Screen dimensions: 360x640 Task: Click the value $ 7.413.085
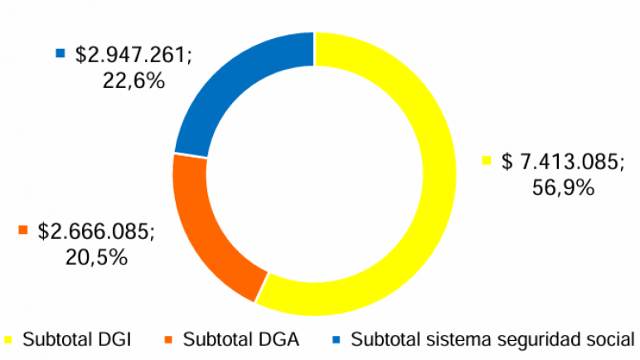[x=563, y=163]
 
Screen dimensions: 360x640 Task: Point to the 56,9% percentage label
[x=563, y=187]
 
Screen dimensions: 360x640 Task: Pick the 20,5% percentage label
[x=95, y=257]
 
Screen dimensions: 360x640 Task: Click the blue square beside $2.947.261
[x=60, y=54]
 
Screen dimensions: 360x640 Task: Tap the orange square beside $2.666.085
[x=23, y=230]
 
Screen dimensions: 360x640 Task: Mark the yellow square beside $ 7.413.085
[x=487, y=160]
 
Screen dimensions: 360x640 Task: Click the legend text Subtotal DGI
[x=77, y=339]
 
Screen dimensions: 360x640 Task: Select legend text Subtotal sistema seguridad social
[x=493, y=339]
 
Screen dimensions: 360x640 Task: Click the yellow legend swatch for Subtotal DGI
[x=7, y=339]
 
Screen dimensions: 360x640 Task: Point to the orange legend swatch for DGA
[x=168, y=339]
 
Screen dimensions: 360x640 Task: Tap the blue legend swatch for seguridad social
[x=336, y=339]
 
